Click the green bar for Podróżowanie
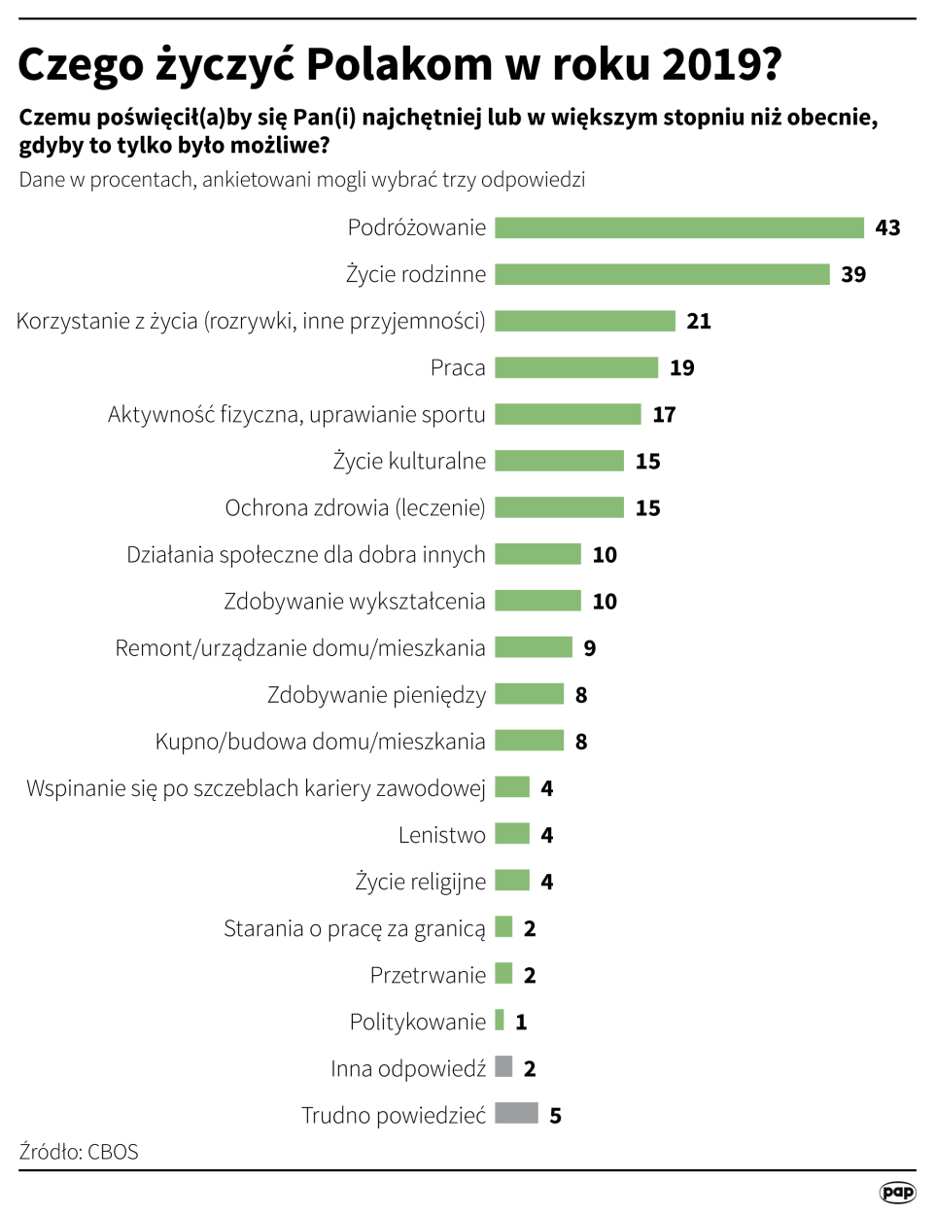(x=678, y=227)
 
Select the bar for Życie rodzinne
(x=662, y=274)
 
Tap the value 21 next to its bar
(x=699, y=322)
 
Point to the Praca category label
(x=458, y=367)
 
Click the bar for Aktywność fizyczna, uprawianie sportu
(x=568, y=414)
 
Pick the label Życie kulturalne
(x=409, y=461)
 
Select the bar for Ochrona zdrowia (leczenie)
(x=559, y=507)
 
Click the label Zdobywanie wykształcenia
(x=354, y=602)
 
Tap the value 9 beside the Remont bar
(x=590, y=648)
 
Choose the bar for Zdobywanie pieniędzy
(x=529, y=694)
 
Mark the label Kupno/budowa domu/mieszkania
(x=320, y=742)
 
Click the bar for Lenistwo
(x=512, y=834)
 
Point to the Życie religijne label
(x=420, y=882)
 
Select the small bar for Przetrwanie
(x=503, y=974)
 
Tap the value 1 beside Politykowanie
(x=522, y=1022)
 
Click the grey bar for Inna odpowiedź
(x=503, y=1066)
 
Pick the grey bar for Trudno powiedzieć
(x=516, y=1113)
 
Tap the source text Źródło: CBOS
(x=79, y=1152)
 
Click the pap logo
(x=897, y=1193)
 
